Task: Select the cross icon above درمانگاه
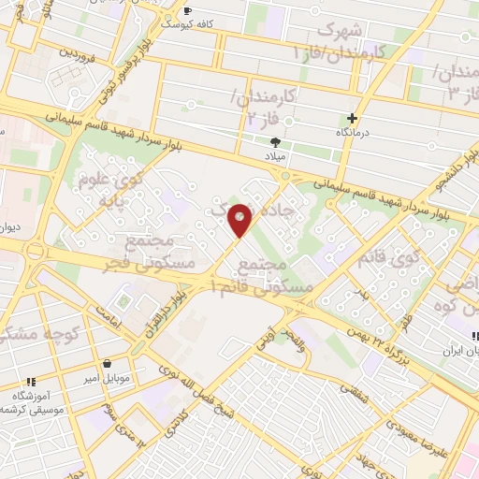point(353,118)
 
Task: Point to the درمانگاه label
point(353,133)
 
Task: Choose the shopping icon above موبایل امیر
point(109,364)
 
